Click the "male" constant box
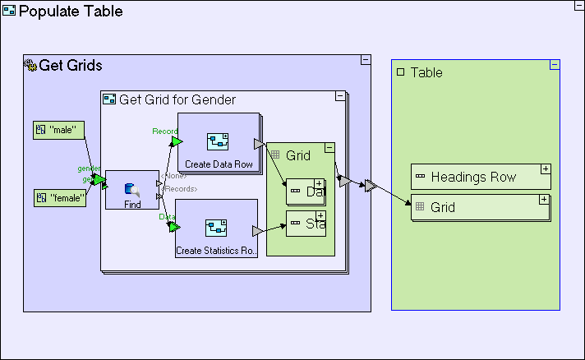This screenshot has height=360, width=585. [x=59, y=130]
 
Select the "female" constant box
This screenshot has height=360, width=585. [x=60, y=197]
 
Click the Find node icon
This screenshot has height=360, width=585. [x=131, y=190]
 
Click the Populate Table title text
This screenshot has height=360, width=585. [x=71, y=12]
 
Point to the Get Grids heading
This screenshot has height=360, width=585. [x=71, y=66]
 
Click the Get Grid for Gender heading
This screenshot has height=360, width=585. [x=177, y=99]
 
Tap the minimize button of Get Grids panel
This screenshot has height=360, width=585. [x=366, y=60]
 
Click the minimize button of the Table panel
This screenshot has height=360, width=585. [x=555, y=65]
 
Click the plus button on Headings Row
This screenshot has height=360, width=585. [x=544, y=168]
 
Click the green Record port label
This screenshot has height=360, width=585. [x=164, y=131]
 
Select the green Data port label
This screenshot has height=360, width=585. [x=167, y=216]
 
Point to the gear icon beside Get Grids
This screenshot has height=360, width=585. [x=30, y=66]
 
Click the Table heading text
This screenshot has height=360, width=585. [x=426, y=72]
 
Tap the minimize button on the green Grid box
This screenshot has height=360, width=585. [x=329, y=147]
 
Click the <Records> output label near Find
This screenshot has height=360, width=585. [x=180, y=189]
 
